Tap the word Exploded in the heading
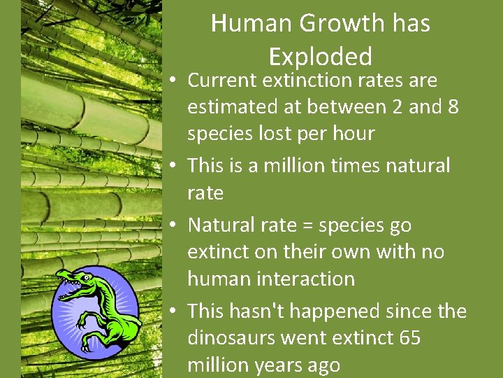320,56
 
